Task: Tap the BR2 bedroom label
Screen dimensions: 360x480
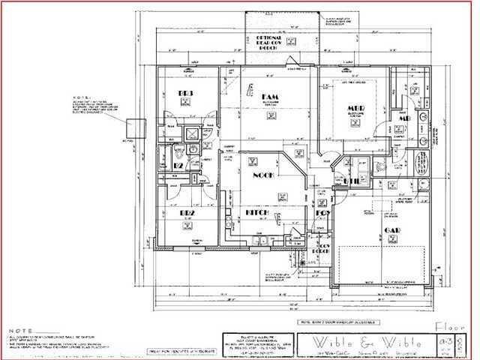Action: pyautogui.click(x=186, y=212)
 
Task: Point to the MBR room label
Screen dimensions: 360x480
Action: pyautogui.click(x=355, y=109)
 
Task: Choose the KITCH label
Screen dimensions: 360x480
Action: pyautogui.click(x=258, y=212)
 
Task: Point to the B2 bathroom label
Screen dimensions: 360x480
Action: pyautogui.click(x=179, y=165)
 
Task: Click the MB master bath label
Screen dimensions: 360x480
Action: pyautogui.click(x=403, y=119)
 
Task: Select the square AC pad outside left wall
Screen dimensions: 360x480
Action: pyautogui.click(x=135, y=128)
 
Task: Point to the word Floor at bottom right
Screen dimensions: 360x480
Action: pyautogui.click(x=450, y=325)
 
